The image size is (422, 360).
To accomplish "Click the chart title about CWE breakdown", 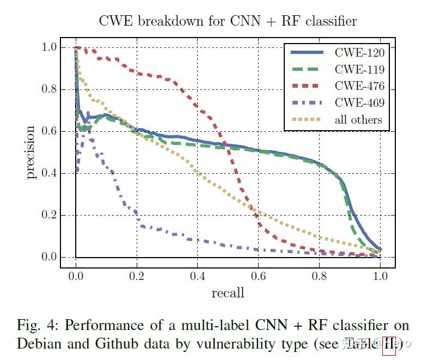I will tap(228, 21).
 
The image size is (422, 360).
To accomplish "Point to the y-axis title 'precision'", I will tap(31, 152).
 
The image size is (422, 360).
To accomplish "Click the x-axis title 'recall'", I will tap(228, 293).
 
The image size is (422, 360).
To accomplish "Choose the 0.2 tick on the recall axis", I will tap(137, 276).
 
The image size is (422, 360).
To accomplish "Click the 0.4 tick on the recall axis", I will tap(198, 276).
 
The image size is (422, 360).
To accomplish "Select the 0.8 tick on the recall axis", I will tap(320, 276).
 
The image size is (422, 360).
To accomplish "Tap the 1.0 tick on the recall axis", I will tap(381, 276).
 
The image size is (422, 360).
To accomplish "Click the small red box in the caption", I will tap(389, 346).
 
